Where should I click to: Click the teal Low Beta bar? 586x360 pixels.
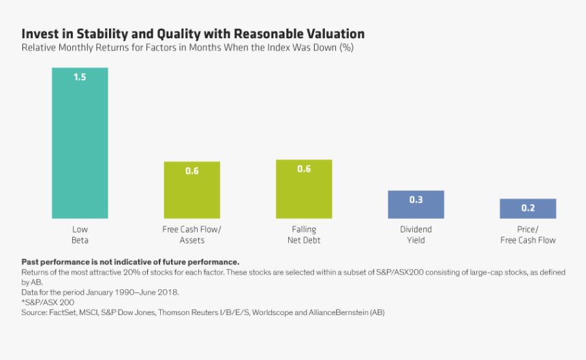pyautogui.click(x=80, y=143)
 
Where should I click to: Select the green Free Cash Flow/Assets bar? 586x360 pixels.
pyautogui.click(x=191, y=190)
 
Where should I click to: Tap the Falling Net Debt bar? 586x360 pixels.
pyautogui.click(x=304, y=189)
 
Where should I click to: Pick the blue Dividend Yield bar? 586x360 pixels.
pyautogui.click(x=416, y=205)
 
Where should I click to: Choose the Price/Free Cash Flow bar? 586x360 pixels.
pyautogui.click(x=528, y=209)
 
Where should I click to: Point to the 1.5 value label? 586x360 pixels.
pyautogui.click(x=80, y=77)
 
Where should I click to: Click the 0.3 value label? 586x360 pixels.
pyautogui.click(x=416, y=200)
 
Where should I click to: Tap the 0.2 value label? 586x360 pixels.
pyautogui.click(x=528, y=208)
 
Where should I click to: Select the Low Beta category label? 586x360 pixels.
pyautogui.click(x=80, y=235)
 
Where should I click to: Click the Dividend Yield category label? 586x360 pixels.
pyautogui.click(x=416, y=235)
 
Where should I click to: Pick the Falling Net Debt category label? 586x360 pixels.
pyautogui.click(x=304, y=235)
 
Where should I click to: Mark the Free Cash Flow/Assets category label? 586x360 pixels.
pyautogui.click(x=191, y=235)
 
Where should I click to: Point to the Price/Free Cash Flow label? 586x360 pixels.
pyautogui.click(x=528, y=235)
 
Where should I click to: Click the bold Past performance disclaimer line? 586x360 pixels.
pyautogui.click(x=130, y=262)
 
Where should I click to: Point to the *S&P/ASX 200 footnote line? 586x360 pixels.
pyautogui.click(x=48, y=302)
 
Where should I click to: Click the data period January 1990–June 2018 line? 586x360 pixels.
pyautogui.click(x=100, y=292)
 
